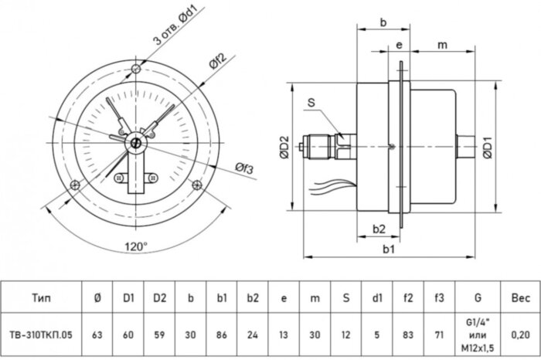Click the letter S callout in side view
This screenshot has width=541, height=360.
click(x=310, y=101)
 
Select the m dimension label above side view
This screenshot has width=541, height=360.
click(x=442, y=46)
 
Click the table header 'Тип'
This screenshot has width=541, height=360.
click(x=43, y=296)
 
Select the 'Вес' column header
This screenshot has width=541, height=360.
click(x=521, y=296)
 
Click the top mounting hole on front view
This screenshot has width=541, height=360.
click(x=137, y=71)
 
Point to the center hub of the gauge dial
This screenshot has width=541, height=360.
click(x=136, y=141)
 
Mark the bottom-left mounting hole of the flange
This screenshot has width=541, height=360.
click(x=75, y=184)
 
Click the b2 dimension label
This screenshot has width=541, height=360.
click(x=379, y=229)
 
